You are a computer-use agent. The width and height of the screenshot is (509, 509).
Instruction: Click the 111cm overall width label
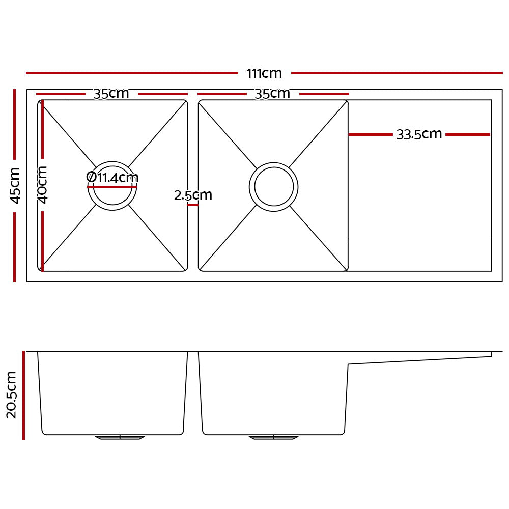pyautogui.click(x=264, y=73)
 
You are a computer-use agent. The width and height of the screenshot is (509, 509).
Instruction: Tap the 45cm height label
pyautogui.click(x=15, y=185)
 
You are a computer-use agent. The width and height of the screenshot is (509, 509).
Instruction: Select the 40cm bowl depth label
pyautogui.click(x=43, y=184)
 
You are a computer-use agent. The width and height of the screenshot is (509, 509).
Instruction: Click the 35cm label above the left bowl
pyautogui.click(x=111, y=94)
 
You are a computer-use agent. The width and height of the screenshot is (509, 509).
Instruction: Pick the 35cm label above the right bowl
pyautogui.click(x=272, y=94)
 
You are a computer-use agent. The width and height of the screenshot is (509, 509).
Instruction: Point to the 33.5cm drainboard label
pyautogui.click(x=419, y=134)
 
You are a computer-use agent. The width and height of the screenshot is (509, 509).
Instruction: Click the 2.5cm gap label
pyautogui.click(x=193, y=195)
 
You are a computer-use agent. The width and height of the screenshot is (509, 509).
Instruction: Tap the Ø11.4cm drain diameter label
pyautogui.click(x=112, y=178)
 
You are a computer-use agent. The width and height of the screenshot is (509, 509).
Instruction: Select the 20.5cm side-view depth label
pyautogui.click(x=12, y=394)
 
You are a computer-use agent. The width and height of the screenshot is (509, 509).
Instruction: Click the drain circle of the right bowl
pyautogui.click(x=274, y=187)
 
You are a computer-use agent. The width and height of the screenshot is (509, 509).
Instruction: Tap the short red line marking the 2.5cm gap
pyautogui.click(x=193, y=205)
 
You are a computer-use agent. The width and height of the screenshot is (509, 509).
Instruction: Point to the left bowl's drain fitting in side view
pyautogui.click(x=120, y=437)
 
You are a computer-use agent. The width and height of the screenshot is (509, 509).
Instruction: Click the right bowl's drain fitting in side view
pyautogui.click(x=274, y=437)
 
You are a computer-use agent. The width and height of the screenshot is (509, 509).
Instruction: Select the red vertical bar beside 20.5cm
pyautogui.click(x=23, y=394)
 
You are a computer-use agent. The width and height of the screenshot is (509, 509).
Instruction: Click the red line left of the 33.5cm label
pyautogui.click(x=371, y=135)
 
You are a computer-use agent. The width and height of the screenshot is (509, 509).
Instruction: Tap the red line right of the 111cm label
pyautogui.click(x=397, y=73)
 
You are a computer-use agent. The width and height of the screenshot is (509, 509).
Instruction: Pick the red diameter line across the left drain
pyautogui.click(x=112, y=187)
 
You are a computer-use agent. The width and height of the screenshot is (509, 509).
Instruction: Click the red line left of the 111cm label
pyautogui.click(x=132, y=73)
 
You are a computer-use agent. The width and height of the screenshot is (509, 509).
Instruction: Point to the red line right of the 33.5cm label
pyautogui.click(x=467, y=135)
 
